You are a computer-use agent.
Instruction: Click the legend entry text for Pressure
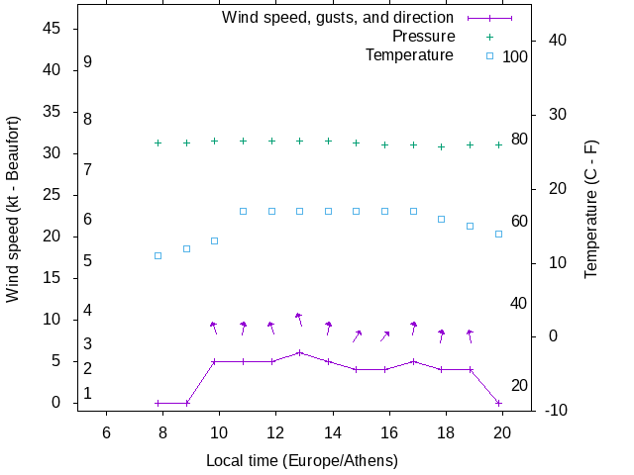click(x=422, y=37)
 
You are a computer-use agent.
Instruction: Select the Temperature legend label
click(x=409, y=55)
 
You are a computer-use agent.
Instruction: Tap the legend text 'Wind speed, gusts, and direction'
click(x=338, y=18)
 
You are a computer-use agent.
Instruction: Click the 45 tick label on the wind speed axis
click(x=54, y=29)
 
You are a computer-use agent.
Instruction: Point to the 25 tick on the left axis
click(x=54, y=195)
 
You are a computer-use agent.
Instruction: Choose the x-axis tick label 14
click(x=333, y=432)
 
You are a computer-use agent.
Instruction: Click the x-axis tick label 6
click(x=106, y=432)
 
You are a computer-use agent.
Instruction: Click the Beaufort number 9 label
click(x=88, y=62)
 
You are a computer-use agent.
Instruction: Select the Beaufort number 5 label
click(x=88, y=261)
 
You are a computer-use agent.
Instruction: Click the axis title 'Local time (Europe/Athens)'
click(x=302, y=461)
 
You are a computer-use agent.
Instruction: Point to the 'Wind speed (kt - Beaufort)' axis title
click(x=13, y=219)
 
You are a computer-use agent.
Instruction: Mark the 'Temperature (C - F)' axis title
click(x=591, y=208)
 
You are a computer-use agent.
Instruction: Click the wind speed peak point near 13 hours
click(x=299, y=352)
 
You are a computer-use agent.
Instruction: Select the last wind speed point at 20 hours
click(x=498, y=403)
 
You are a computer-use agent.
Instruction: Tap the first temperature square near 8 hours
click(x=158, y=255)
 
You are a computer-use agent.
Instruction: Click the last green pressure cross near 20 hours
click(x=498, y=144)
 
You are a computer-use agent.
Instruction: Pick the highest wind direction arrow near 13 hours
click(x=298, y=319)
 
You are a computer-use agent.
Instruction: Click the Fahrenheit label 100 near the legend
click(x=515, y=57)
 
